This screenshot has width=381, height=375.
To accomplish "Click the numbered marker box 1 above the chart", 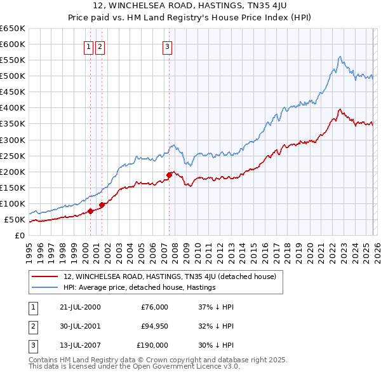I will pos(90,46).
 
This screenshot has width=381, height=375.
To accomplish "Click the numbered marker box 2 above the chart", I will pos(101,46).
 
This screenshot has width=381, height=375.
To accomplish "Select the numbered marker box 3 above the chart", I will pos(168,46).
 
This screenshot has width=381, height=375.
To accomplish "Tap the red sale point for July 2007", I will pos(170,175).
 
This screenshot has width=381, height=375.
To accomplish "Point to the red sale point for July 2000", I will pos(91,211).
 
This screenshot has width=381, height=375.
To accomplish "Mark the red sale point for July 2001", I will pos(102,205).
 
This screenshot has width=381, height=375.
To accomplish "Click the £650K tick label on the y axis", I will pos(12,29).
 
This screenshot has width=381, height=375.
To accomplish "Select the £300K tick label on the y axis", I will pos(12,140).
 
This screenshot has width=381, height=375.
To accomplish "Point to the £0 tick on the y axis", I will pos(20,236).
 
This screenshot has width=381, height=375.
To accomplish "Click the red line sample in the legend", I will pos(44,276).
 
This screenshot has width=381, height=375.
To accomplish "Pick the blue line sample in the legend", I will pos(44,287).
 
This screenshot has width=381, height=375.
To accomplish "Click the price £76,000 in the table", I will pos(154,307).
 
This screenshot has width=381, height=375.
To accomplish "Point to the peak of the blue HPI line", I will pos(340,57).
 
